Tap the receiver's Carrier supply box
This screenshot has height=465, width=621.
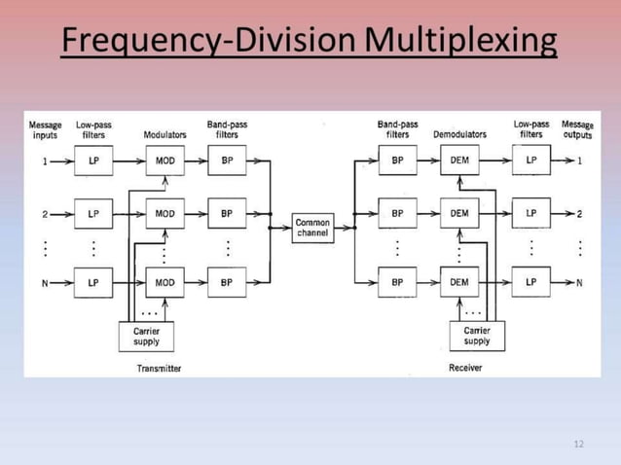pos(477,336)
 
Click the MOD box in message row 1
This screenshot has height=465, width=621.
pos(164,161)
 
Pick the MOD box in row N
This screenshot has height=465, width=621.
pos(164,283)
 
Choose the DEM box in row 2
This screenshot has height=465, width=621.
pos(459,212)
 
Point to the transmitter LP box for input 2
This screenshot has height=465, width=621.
pos(93,213)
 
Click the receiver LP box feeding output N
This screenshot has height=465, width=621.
pos(531,283)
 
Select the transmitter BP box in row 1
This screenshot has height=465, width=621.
pos(227,161)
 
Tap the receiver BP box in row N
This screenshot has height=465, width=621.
pos(398,283)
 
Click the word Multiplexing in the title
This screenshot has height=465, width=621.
pos(462,42)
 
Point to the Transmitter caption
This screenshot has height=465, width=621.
pos(160,369)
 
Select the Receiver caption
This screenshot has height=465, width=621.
pos(465,368)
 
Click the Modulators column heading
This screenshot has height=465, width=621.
pos(164,135)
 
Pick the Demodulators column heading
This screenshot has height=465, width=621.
pos(459,135)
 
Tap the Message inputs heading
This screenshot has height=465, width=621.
pos(45,130)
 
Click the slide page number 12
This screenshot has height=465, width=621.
pos(579,445)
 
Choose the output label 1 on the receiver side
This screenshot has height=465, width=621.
pos(579,161)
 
